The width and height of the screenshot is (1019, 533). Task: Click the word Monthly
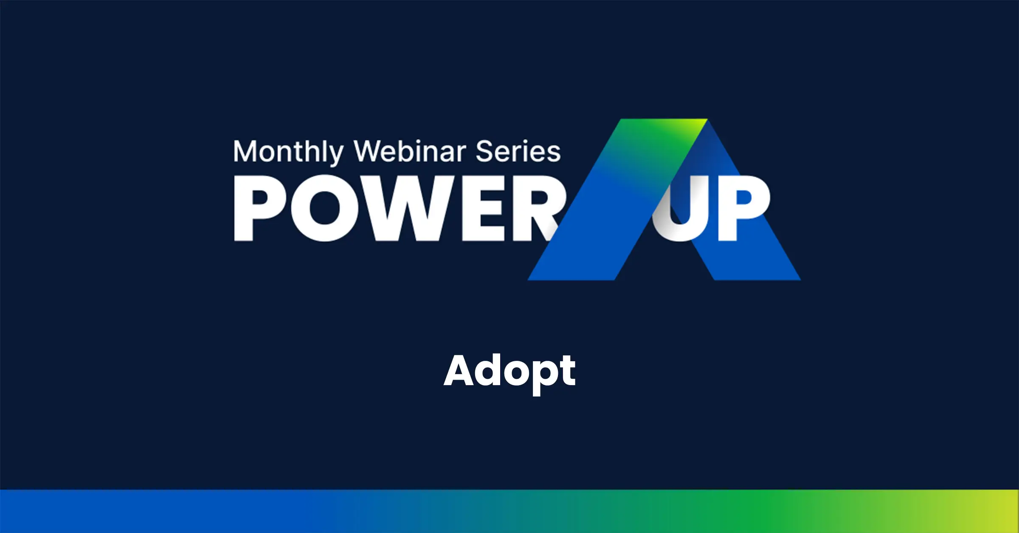[288, 152]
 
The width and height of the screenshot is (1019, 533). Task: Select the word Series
[518, 151]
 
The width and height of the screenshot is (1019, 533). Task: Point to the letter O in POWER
[326, 208]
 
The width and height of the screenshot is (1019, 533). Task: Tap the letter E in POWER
[483, 208]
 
